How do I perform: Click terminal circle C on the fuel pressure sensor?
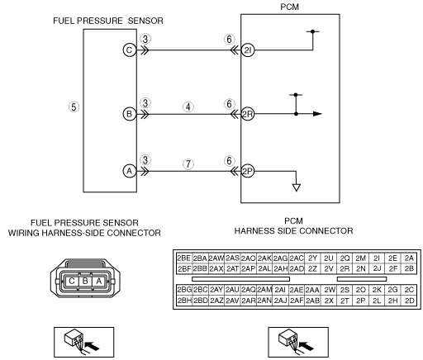(130, 50)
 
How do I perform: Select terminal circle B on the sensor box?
(130, 114)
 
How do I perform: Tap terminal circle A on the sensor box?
(130, 171)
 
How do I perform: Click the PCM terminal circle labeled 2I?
(248, 50)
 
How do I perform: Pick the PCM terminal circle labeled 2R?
(248, 114)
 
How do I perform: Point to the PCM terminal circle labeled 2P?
(248, 171)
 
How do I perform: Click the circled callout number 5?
(74, 107)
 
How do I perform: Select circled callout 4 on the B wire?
(188, 107)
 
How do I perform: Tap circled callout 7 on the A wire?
(188, 164)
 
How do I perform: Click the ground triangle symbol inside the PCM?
(297, 187)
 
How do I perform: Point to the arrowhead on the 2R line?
(317, 114)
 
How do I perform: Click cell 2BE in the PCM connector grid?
(184, 258)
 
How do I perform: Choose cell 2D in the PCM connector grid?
(410, 301)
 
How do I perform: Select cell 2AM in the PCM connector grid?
(264, 290)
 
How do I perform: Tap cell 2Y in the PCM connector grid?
(312, 258)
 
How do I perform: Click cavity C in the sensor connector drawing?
(72, 281)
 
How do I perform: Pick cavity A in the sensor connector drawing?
(98, 281)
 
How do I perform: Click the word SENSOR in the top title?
(145, 21)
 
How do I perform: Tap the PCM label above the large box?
(290, 7)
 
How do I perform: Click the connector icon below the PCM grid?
(298, 343)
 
